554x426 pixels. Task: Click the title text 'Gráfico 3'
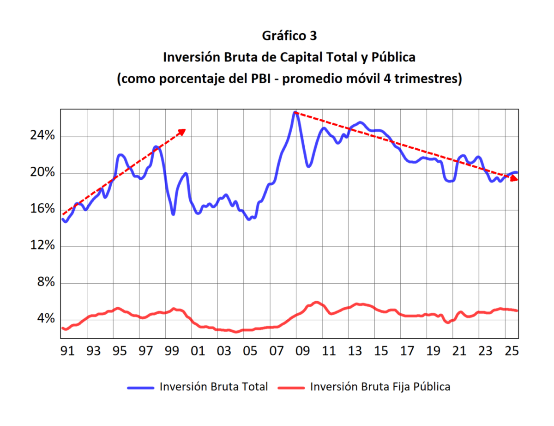(289, 36)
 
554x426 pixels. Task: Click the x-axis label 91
(67, 352)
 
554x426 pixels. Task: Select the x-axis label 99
(172, 352)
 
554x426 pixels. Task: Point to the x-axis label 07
(276, 352)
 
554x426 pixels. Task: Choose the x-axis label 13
(355, 352)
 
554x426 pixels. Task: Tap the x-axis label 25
(512, 352)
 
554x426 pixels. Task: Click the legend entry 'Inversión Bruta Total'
(213, 387)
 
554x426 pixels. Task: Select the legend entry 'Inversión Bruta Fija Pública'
(380, 387)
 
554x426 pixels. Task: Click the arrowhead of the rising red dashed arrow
(182, 131)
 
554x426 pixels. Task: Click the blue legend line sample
(141, 387)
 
